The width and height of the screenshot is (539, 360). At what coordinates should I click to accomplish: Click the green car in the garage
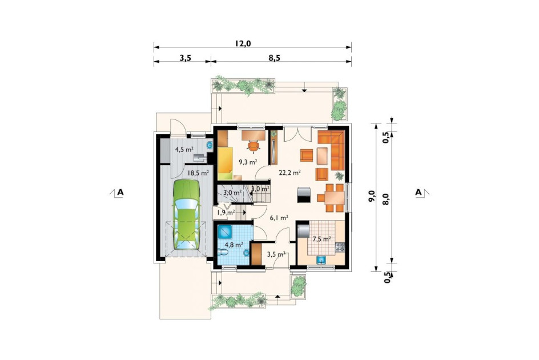click(186, 214)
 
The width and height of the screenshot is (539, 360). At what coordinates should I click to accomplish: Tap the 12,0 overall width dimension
click(243, 43)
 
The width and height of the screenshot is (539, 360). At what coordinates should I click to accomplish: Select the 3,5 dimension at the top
click(185, 58)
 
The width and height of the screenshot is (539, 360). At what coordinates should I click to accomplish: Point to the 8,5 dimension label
click(274, 58)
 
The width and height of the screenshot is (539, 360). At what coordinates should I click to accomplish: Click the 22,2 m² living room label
click(290, 173)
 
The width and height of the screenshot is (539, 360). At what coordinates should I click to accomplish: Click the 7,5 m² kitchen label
click(321, 238)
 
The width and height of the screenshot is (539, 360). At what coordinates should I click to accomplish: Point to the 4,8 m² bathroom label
click(234, 245)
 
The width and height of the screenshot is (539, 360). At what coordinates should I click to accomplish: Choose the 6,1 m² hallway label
click(279, 218)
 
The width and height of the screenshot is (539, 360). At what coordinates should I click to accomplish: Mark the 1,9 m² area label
click(225, 213)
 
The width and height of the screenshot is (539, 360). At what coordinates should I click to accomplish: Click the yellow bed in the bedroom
click(225, 163)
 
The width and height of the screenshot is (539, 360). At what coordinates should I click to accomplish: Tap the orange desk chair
click(254, 146)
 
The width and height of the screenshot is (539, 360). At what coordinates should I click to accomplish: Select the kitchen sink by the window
click(321, 260)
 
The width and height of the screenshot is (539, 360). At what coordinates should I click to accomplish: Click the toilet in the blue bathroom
click(223, 253)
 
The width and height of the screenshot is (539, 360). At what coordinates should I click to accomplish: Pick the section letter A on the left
click(120, 192)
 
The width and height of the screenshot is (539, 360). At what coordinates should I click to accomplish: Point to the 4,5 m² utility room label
click(184, 149)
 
